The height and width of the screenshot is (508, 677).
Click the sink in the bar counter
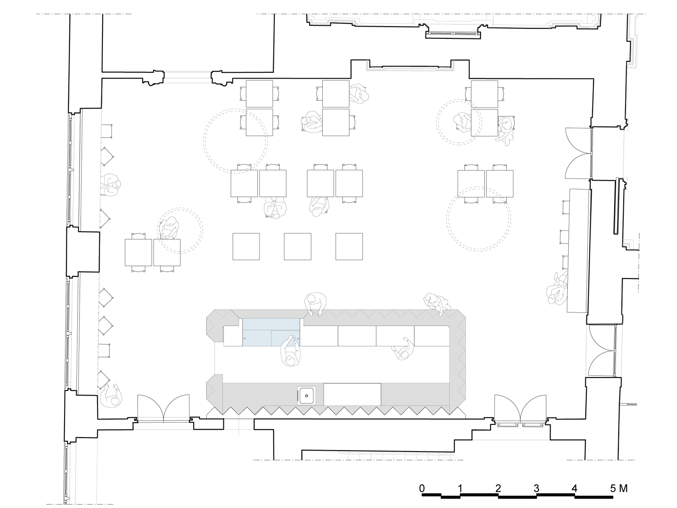tap(306, 396)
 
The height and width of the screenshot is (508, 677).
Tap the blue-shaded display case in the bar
tap(271, 332)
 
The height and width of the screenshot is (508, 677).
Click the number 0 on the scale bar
tap(422, 488)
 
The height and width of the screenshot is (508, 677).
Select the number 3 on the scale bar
tap(536, 488)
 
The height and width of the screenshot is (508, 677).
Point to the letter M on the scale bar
tap(623, 488)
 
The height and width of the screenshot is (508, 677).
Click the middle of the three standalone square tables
tap(297, 247)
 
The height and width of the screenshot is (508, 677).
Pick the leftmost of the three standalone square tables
tap(246, 247)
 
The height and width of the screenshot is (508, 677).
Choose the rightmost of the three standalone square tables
tap(349, 247)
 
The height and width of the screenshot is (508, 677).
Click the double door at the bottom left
tap(163, 408)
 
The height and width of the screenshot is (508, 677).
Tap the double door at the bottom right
tap(521, 409)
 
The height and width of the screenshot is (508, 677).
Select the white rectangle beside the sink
tap(352, 394)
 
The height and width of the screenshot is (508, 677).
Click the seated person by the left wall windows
tap(111, 184)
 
